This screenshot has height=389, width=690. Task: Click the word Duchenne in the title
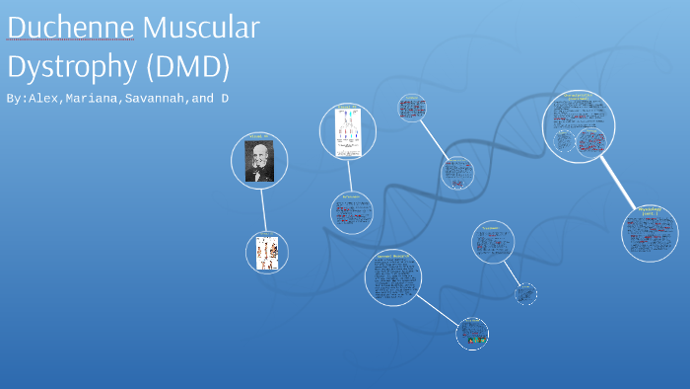click(69, 29)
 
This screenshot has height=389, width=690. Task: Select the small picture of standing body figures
click(266, 252)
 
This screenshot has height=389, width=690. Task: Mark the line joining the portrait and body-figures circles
click(263, 209)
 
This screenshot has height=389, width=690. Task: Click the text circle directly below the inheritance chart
click(352, 212)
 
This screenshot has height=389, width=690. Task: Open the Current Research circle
click(392, 277)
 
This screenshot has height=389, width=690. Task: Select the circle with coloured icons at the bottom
click(472, 334)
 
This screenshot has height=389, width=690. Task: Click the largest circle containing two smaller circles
click(579, 126)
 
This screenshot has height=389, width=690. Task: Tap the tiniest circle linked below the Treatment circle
click(526, 293)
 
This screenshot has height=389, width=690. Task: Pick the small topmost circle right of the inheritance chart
click(412, 108)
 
